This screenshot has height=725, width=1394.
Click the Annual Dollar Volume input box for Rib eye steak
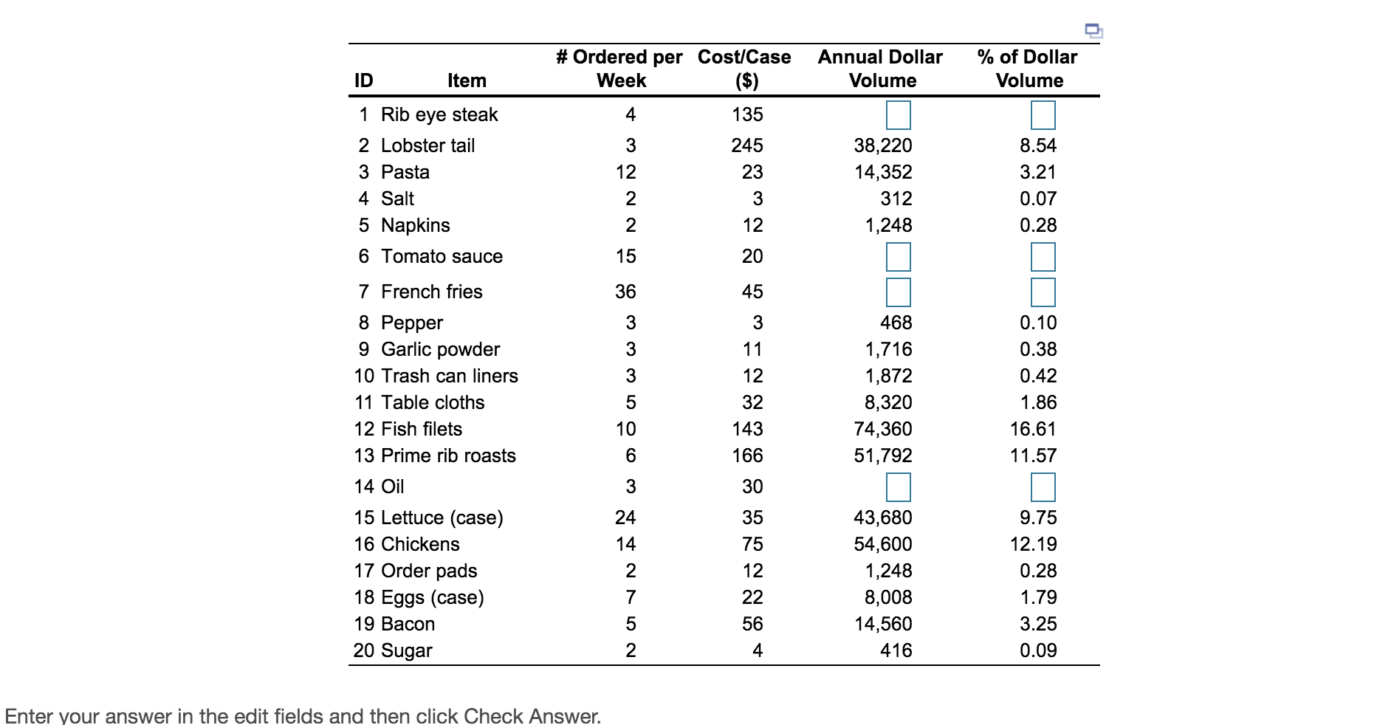pos(898,115)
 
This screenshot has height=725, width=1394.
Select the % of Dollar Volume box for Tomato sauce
pos(1043,257)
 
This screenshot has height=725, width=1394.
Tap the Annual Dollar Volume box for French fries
pos(898,292)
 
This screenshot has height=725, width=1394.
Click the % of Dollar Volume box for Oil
pos(1043,487)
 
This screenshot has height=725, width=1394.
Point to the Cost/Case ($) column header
pos(744,68)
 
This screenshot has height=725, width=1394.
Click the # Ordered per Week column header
pos(619,68)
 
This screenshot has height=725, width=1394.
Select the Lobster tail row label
pos(428,145)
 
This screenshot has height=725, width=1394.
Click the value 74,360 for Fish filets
pos(882,429)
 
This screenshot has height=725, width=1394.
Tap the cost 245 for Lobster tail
pos(747,145)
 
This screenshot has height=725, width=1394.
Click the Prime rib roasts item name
pos(447,456)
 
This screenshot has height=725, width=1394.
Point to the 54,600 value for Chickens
pos(882,544)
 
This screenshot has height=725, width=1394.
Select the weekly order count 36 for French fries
pos(625,292)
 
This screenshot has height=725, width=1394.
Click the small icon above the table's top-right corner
pos(1093,30)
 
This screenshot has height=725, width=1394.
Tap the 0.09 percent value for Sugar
pos(1037,650)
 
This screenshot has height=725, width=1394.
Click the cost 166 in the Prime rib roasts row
pos(747,456)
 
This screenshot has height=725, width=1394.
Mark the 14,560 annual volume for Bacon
pos(882,624)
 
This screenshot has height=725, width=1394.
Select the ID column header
pos(364,80)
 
